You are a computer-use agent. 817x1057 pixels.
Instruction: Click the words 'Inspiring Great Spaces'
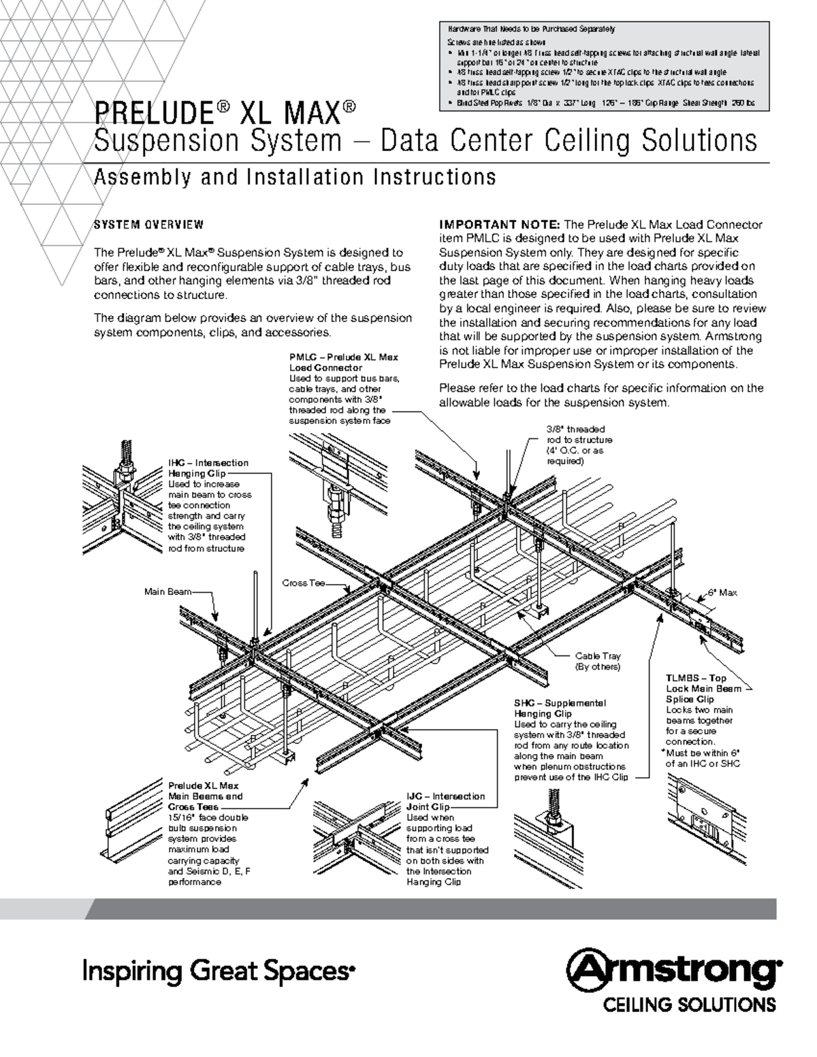[x=219, y=970]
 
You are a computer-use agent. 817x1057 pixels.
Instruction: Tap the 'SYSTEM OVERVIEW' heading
[x=148, y=225]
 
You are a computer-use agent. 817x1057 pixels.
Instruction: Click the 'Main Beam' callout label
[x=167, y=591]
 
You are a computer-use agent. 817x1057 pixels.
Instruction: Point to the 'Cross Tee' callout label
[x=303, y=583]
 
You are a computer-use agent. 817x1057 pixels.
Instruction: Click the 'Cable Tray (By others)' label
[x=598, y=662]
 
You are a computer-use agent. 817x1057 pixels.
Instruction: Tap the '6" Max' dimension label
[x=722, y=593]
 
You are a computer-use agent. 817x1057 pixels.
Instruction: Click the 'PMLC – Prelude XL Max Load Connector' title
[x=343, y=362]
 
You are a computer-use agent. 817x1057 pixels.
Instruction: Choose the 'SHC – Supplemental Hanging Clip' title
[x=559, y=708]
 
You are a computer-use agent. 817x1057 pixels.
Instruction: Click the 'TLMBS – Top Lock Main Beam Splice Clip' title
[x=696, y=688]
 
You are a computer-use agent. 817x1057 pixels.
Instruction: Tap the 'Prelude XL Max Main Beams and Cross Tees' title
[x=205, y=796]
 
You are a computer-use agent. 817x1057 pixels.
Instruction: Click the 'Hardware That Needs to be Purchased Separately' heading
[x=531, y=29]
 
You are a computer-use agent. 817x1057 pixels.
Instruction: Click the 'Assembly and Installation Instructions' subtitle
[x=294, y=177]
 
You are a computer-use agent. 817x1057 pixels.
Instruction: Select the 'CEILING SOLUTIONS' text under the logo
[x=686, y=1005]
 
